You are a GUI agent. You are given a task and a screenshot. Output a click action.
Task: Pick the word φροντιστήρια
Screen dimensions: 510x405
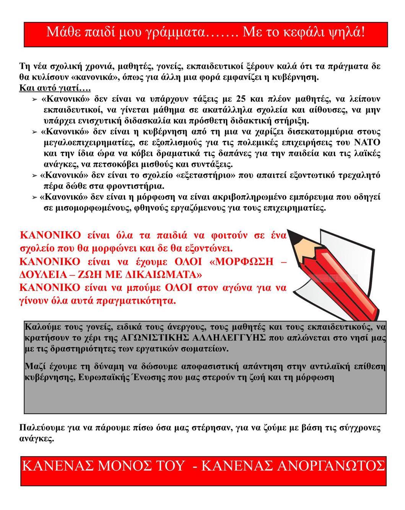coord(137,187)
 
